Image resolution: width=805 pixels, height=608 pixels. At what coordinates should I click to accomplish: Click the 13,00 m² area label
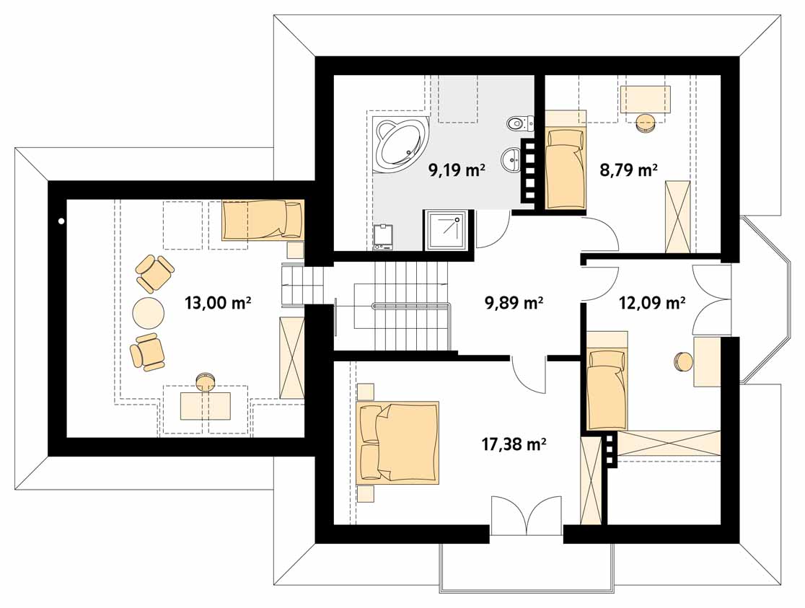218,303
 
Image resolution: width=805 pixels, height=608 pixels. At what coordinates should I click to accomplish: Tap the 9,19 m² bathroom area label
457,169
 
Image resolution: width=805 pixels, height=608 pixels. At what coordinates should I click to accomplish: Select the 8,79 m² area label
629,169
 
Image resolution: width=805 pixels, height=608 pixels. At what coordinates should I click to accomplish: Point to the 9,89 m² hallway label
514,303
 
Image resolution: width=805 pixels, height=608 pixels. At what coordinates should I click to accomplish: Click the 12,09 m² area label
652,303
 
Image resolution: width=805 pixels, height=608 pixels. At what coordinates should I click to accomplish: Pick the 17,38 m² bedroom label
514,444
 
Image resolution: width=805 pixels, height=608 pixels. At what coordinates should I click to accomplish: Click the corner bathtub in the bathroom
401,143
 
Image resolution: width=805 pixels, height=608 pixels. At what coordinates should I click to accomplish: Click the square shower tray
446,231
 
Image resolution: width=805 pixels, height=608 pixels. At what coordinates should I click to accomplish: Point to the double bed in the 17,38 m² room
397,443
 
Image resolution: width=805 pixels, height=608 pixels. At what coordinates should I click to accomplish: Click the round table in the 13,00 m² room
149,312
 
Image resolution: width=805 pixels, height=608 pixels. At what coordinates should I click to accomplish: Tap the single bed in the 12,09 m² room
607,390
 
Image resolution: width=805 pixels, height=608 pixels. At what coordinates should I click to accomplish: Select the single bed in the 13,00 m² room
263,220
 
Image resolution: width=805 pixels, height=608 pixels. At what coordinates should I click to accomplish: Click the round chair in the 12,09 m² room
683,361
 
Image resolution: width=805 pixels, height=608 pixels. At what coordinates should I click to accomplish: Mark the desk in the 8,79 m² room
646,99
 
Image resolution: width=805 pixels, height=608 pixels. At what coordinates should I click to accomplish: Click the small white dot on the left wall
61,221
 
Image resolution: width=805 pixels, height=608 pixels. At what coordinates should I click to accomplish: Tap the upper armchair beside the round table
154,273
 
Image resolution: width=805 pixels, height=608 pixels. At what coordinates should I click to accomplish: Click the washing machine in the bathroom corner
384,237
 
